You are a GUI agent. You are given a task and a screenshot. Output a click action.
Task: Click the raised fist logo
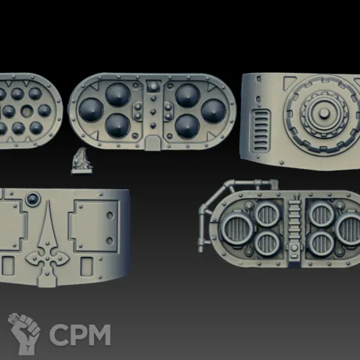[24, 333]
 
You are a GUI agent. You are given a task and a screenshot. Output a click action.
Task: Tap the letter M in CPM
[99, 335]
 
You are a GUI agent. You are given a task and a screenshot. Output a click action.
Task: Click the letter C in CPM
[58, 335]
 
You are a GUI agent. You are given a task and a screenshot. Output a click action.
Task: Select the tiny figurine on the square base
[81, 161]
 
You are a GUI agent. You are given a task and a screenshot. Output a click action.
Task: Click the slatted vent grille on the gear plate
[260, 131]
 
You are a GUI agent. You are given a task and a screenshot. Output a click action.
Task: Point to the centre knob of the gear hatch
[324, 113]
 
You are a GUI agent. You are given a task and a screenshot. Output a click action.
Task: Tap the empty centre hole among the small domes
[27, 111]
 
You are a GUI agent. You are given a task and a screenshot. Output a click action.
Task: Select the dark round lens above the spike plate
[33, 200]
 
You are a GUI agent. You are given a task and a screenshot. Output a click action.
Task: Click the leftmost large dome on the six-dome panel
[91, 110]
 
